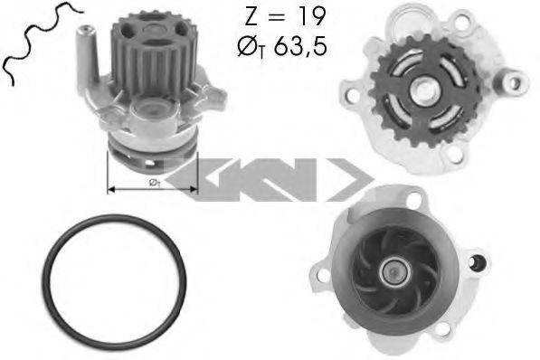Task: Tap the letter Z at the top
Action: click(251, 16)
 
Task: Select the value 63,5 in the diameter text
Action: click(299, 46)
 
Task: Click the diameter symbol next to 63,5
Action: click(248, 46)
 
